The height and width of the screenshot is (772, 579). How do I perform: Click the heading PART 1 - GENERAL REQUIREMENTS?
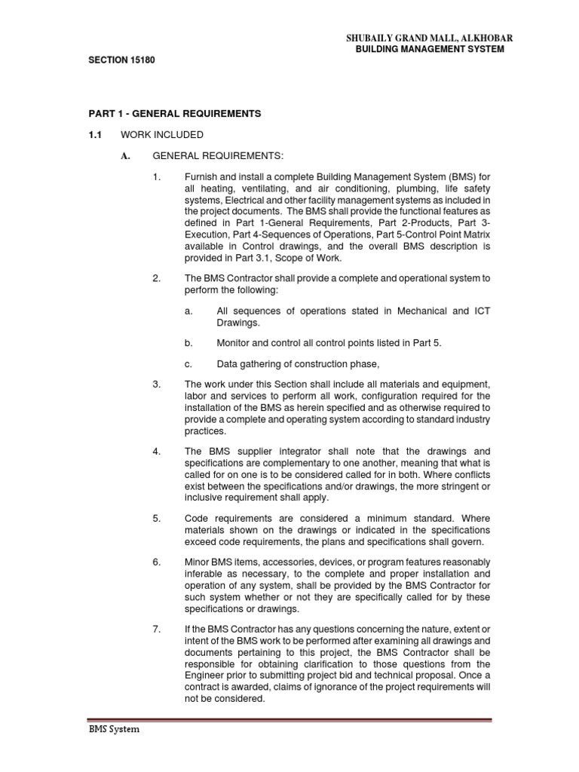(174, 114)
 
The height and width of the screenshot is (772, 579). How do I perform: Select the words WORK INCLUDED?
(178, 135)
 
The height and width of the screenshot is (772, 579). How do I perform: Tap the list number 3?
(156, 384)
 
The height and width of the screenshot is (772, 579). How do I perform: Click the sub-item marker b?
(188, 342)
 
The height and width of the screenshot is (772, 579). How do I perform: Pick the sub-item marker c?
(188, 363)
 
